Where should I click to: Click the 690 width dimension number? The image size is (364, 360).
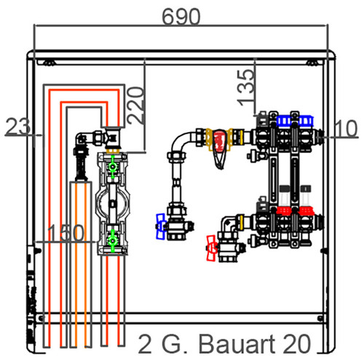181,17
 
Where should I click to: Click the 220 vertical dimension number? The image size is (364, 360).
135,106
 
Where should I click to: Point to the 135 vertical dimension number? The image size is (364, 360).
246,88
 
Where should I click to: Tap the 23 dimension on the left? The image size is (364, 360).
18,126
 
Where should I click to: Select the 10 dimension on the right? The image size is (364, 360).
346,128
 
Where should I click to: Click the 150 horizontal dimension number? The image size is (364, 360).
66,232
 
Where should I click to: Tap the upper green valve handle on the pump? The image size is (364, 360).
113,167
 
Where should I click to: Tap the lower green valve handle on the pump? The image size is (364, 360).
112,240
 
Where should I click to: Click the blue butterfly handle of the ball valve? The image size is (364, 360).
161,227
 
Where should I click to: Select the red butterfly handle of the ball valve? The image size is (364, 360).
211,248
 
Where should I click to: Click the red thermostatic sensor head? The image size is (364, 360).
221,140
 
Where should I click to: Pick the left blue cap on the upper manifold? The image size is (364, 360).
283,121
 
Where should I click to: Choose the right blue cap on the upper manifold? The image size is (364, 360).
306,121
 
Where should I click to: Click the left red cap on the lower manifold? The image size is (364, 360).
284,211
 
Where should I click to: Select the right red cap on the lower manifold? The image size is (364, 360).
306,211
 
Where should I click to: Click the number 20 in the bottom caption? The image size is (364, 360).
298,344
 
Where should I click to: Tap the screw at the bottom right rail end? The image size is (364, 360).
320,318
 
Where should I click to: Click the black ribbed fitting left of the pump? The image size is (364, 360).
81,163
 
